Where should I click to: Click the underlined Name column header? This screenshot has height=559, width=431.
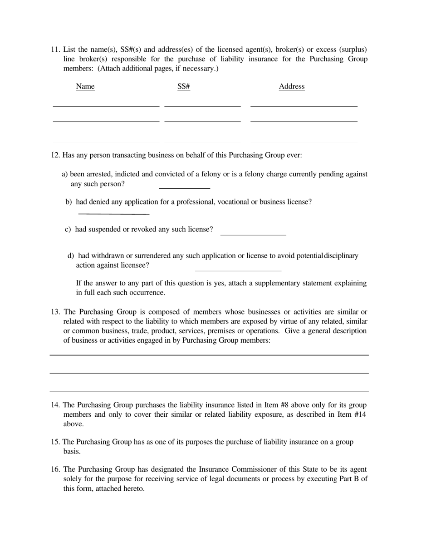point(85,86)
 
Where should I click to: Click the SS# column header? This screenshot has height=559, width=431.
point(183,86)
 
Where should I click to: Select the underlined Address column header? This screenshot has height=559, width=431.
point(291,86)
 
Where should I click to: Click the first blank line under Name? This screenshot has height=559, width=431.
point(106,105)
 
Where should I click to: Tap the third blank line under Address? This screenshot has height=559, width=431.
point(304,141)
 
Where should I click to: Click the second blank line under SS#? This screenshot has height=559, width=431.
point(202,121)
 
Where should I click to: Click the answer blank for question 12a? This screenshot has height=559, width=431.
point(184,187)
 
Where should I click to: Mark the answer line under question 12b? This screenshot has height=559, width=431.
point(113,213)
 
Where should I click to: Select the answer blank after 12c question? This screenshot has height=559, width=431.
point(253,235)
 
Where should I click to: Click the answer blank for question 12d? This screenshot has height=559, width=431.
point(238,270)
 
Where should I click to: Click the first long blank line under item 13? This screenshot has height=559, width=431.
point(209,354)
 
